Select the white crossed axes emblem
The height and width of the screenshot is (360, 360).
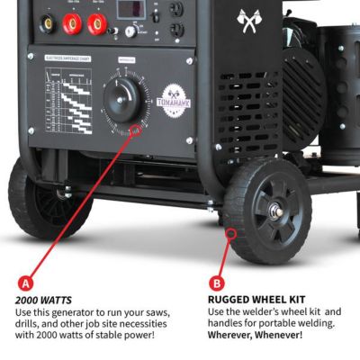click(x=247, y=20)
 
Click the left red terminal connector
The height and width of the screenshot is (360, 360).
click(x=72, y=19)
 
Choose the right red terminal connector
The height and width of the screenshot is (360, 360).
click(x=102, y=19)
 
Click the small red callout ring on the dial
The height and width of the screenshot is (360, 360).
click(x=136, y=131)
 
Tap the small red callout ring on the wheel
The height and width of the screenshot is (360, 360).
click(x=232, y=234)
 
